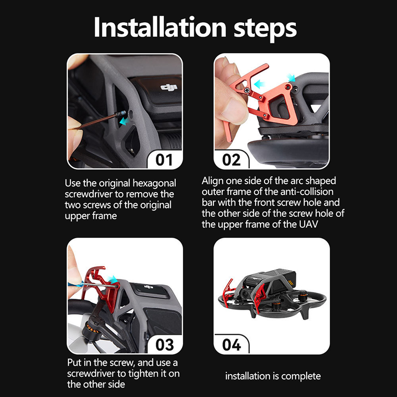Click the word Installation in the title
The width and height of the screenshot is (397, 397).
click(160, 27)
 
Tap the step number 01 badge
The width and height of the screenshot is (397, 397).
click(164, 160)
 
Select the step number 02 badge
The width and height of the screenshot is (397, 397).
click(231, 160)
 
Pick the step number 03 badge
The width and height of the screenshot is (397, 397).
click(165, 344)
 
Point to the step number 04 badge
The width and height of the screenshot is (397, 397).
click(231, 344)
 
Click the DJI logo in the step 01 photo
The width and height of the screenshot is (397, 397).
click(169, 88)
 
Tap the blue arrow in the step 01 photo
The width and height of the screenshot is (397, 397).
click(124, 121)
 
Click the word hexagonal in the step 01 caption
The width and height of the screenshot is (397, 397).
click(154, 184)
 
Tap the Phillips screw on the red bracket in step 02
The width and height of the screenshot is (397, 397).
click(247, 90)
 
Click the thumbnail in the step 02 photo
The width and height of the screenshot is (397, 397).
click(233, 111)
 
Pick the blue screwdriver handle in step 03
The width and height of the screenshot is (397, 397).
click(76, 284)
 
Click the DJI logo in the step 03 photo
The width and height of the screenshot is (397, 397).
click(148, 287)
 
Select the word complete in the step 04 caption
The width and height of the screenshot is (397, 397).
click(301, 377)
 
